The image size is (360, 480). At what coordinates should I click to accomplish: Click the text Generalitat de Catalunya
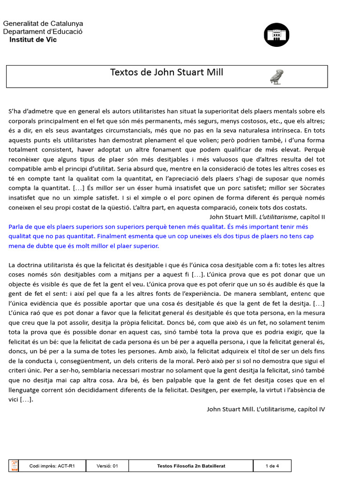click(43, 23)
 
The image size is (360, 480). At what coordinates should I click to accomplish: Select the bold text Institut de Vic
click(33, 39)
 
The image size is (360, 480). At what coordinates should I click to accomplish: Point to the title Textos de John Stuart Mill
click(166, 72)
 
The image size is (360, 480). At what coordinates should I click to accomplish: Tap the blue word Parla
click(16, 226)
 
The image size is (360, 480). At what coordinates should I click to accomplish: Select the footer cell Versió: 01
click(106, 466)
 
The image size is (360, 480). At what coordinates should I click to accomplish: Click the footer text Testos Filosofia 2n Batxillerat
click(191, 466)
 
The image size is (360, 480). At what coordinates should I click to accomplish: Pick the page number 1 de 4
click(272, 466)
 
